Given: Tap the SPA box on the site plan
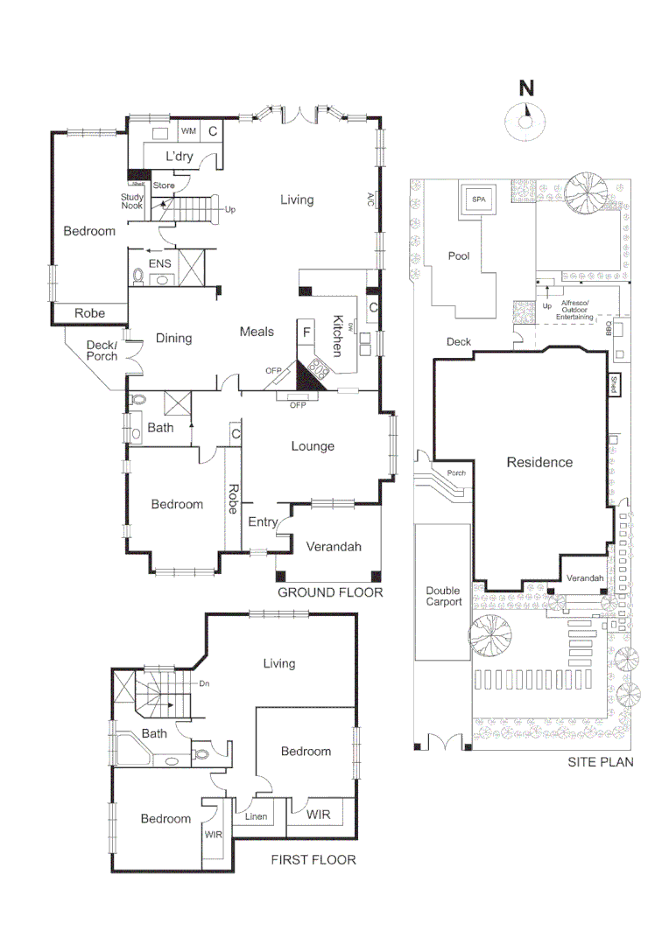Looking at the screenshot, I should coord(478,199).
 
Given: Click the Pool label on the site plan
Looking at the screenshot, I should coord(459,256).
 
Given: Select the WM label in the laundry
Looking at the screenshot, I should coord(188,131).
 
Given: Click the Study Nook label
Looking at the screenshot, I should coord(132,201).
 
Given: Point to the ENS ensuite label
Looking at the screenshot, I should coord(159,262).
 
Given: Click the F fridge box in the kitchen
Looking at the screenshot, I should coord(306,332).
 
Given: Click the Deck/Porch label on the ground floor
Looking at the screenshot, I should coord(102,351).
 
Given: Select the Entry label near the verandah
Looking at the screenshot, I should coord(262,522).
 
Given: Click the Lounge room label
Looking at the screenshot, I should coord(313,446).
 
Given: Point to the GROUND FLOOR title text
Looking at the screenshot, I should coord(330,592).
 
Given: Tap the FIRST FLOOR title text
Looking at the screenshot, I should coord(313,860).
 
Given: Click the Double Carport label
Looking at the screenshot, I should coord(443,596).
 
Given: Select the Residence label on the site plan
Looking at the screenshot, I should coord(539,462).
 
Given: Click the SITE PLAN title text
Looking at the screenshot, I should coord(600,762).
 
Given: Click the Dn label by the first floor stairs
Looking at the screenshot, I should coord(205,683).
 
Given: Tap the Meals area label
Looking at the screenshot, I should coord(257,332).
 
